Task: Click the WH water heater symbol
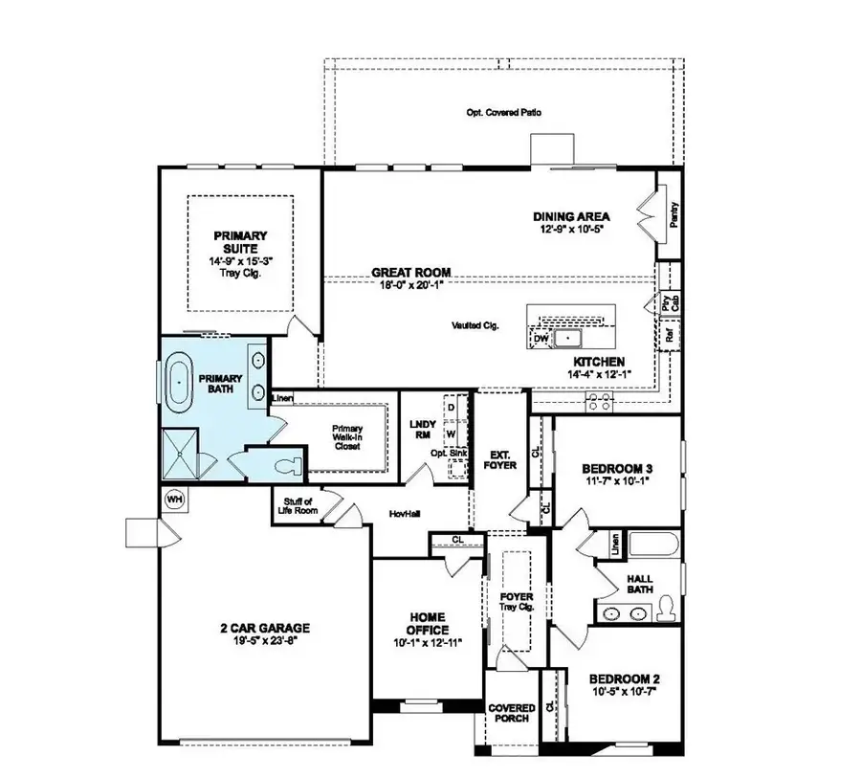[x=174, y=499]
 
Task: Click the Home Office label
[x=427, y=623]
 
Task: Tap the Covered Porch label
[x=512, y=714]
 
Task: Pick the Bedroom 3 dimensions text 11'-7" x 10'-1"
[x=618, y=482]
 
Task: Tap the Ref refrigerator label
[x=670, y=335]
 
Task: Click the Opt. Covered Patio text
[x=504, y=112]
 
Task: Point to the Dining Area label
[x=571, y=216]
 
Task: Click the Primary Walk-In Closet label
[x=346, y=436]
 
